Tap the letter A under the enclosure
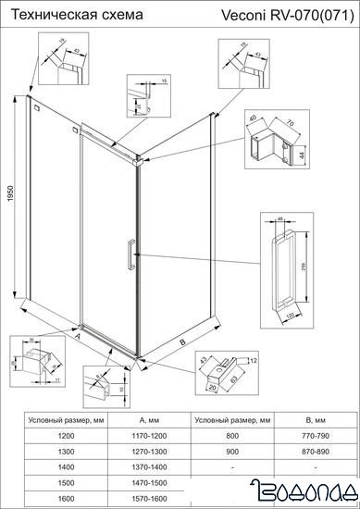77,339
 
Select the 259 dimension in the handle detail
305,267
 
